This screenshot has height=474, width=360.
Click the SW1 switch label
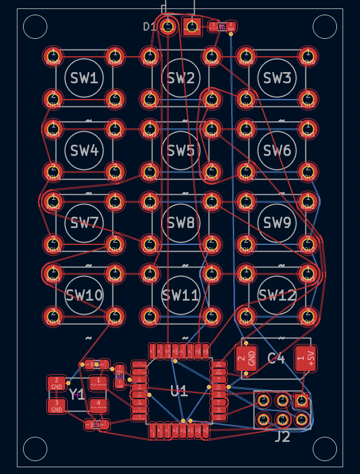(84, 78)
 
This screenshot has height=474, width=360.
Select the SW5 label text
(181, 151)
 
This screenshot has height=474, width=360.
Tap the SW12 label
(277, 295)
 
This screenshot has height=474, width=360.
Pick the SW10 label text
(84, 295)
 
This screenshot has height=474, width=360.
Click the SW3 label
(277, 78)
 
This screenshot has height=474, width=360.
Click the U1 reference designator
(179, 391)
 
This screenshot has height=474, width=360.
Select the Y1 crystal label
(77, 395)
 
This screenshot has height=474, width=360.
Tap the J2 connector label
(282, 436)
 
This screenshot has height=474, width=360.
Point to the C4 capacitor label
(276, 358)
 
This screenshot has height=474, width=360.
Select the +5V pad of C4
(305, 358)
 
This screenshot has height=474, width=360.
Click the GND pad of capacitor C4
(246, 358)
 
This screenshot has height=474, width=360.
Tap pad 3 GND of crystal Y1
(57, 406)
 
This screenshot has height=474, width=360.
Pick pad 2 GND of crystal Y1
(57, 383)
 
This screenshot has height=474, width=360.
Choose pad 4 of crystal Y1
(98, 405)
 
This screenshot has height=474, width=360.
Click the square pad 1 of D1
(192, 26)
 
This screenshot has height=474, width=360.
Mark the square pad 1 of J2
(301, 401)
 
